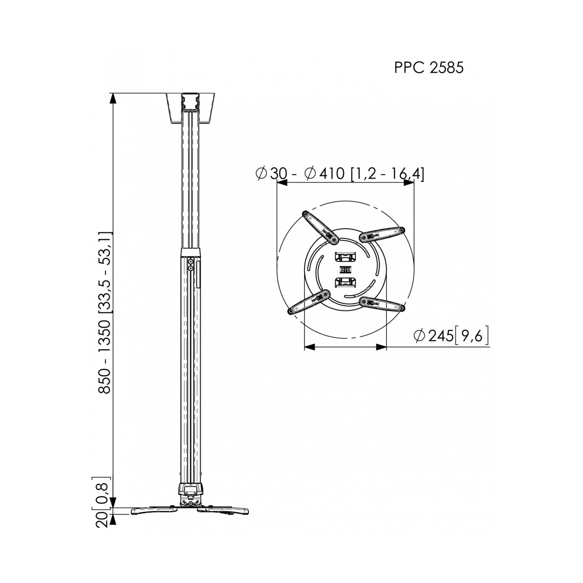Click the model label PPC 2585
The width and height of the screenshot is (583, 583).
click(x=428, y=68)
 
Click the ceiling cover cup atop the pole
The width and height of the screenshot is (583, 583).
click(x=190, y=109)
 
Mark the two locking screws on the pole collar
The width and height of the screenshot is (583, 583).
click(x=190, y=265)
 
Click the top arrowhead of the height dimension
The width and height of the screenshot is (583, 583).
click(x=113, y=99)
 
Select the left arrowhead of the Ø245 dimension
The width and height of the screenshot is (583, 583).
click(x=309, y=347)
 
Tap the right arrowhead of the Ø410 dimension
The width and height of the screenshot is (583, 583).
click(x=409, y=183)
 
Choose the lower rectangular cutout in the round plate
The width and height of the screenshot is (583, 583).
click(x=345, y=282)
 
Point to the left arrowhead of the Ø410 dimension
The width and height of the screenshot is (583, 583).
click(x=282, y=183)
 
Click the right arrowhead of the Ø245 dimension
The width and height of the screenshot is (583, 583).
click(x=381, y=347)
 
